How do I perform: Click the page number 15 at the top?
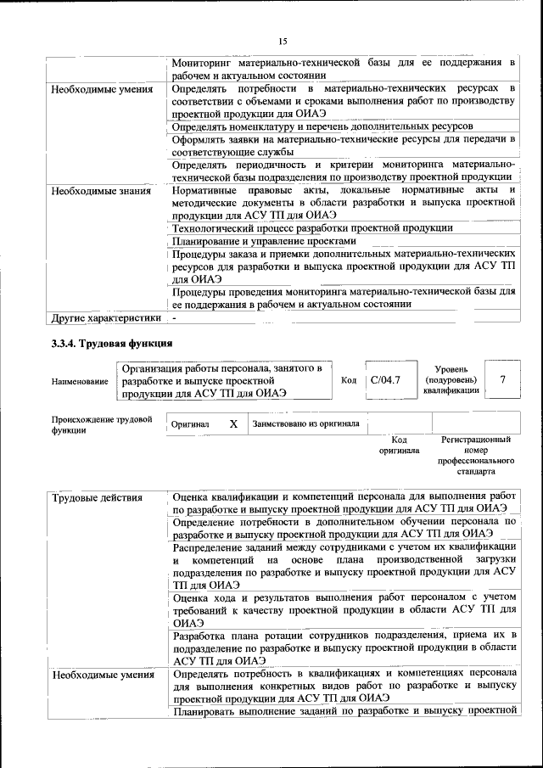coord(283,41)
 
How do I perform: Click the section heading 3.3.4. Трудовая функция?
coord(111,344)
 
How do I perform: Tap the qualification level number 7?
coord(503,379)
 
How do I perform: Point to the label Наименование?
coord(80,381)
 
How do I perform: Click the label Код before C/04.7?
coord(348,380)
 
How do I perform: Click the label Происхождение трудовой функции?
coord(101,424)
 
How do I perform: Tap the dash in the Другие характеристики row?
coord(174,318)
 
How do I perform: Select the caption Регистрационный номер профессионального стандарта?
coord(476,455)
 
